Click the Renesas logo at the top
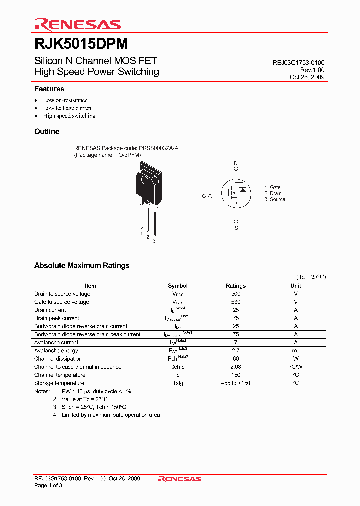coord(77,25)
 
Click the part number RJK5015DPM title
coord(81,44)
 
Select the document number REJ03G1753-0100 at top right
coord(298,63)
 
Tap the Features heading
coord(49,89)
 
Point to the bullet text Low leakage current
coord(68,108)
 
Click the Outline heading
coord(47,132)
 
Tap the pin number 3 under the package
coord(154,241)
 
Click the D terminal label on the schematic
coord(236,164)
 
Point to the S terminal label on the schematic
coord(236,228)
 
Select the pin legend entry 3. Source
coord(275,199)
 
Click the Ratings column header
coord(236,286)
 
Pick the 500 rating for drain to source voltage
coord(236,294)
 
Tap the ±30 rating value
coord(236,302)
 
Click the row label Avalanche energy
coord(56,350)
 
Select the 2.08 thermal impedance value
coord(236,367)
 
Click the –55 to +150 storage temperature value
coord(236,383)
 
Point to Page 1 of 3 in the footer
coord(48,485)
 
